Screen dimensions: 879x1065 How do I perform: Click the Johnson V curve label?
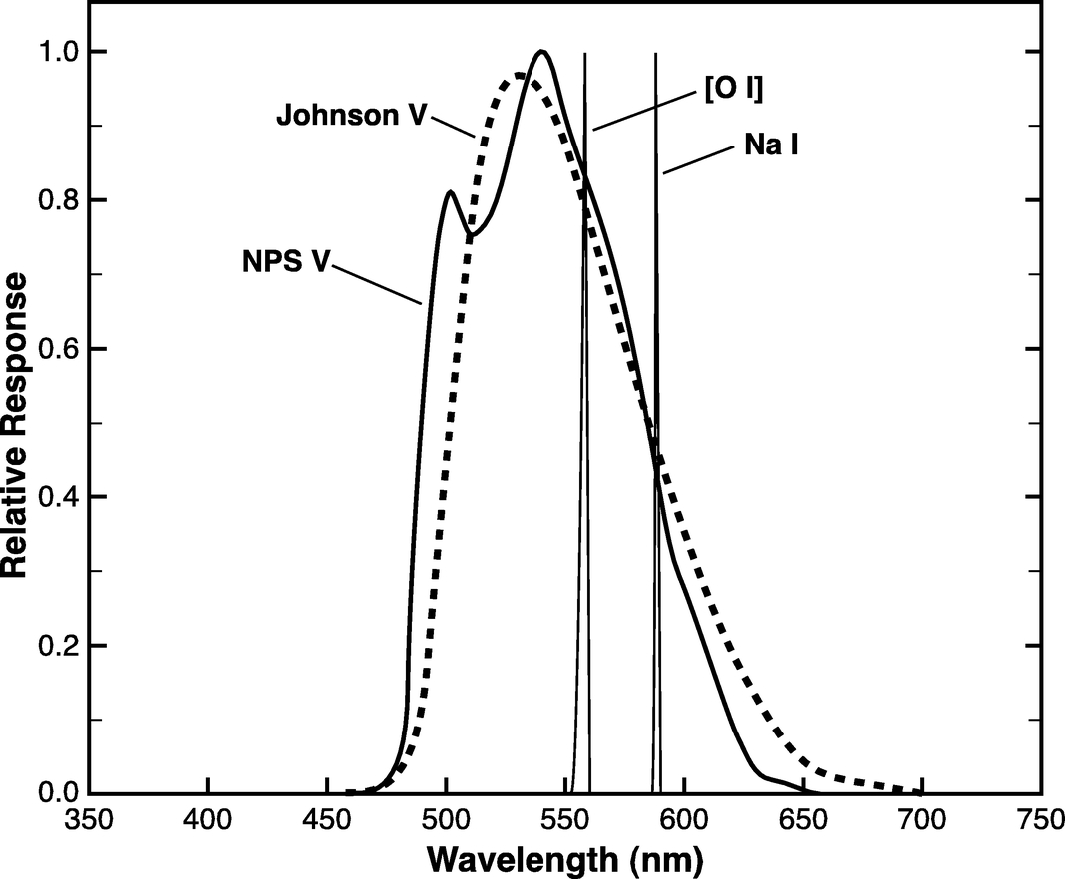click(x=351, y=116)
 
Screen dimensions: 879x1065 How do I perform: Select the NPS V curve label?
click(x=286, y=265)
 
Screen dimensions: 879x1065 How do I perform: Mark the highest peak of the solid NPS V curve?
click(x=541, y=51)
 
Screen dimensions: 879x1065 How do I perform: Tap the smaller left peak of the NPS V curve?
click(x=451, y=191)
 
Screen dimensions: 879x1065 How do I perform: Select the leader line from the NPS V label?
click(x=379, y=282)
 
